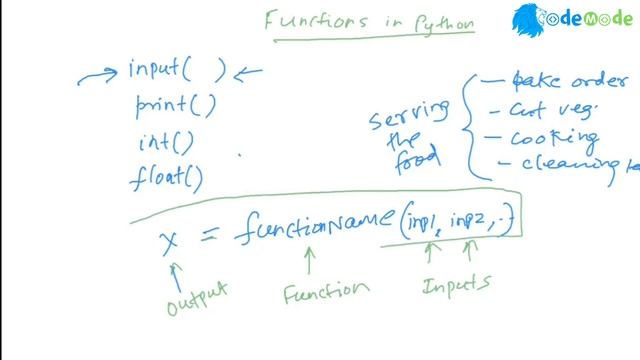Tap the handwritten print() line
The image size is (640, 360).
(x=175, y=105)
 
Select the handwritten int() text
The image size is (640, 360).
(x=165, y=143)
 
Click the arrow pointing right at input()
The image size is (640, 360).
(x=99, y=72)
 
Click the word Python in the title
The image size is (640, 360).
(x=441, y=23)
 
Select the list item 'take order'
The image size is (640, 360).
(x=564, y=81)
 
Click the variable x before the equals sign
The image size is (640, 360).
(x=169, y=241)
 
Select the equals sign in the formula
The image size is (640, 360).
(x=208, y=235)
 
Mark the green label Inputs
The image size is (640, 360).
(x=456, y=286)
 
